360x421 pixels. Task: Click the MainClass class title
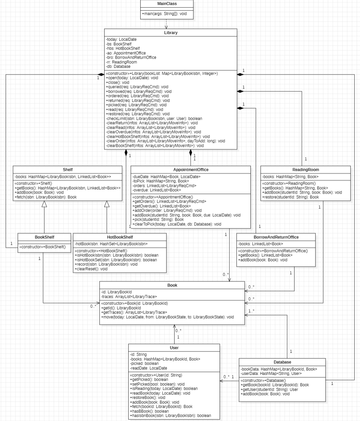(167, 4)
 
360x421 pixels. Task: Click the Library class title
(171, 33)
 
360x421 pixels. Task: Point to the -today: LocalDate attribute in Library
(121, 39)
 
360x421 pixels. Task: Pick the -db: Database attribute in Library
(118, 66)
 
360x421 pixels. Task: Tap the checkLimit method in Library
(154, 119)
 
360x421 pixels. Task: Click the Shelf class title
(67, 170)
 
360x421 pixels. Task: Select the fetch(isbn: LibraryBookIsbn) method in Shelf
(45, 197)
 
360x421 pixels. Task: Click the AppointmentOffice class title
(191, 170)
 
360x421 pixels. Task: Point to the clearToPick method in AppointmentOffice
(177, 224)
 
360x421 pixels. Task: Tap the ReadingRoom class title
(306, 170)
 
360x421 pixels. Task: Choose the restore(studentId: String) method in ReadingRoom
(291, 197)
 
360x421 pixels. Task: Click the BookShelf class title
(44, 237)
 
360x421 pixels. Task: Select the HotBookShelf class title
(120, 237)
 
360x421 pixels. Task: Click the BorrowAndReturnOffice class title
(276, 237)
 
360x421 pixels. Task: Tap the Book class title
(172, 285)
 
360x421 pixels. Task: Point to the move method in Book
(167, 317)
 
